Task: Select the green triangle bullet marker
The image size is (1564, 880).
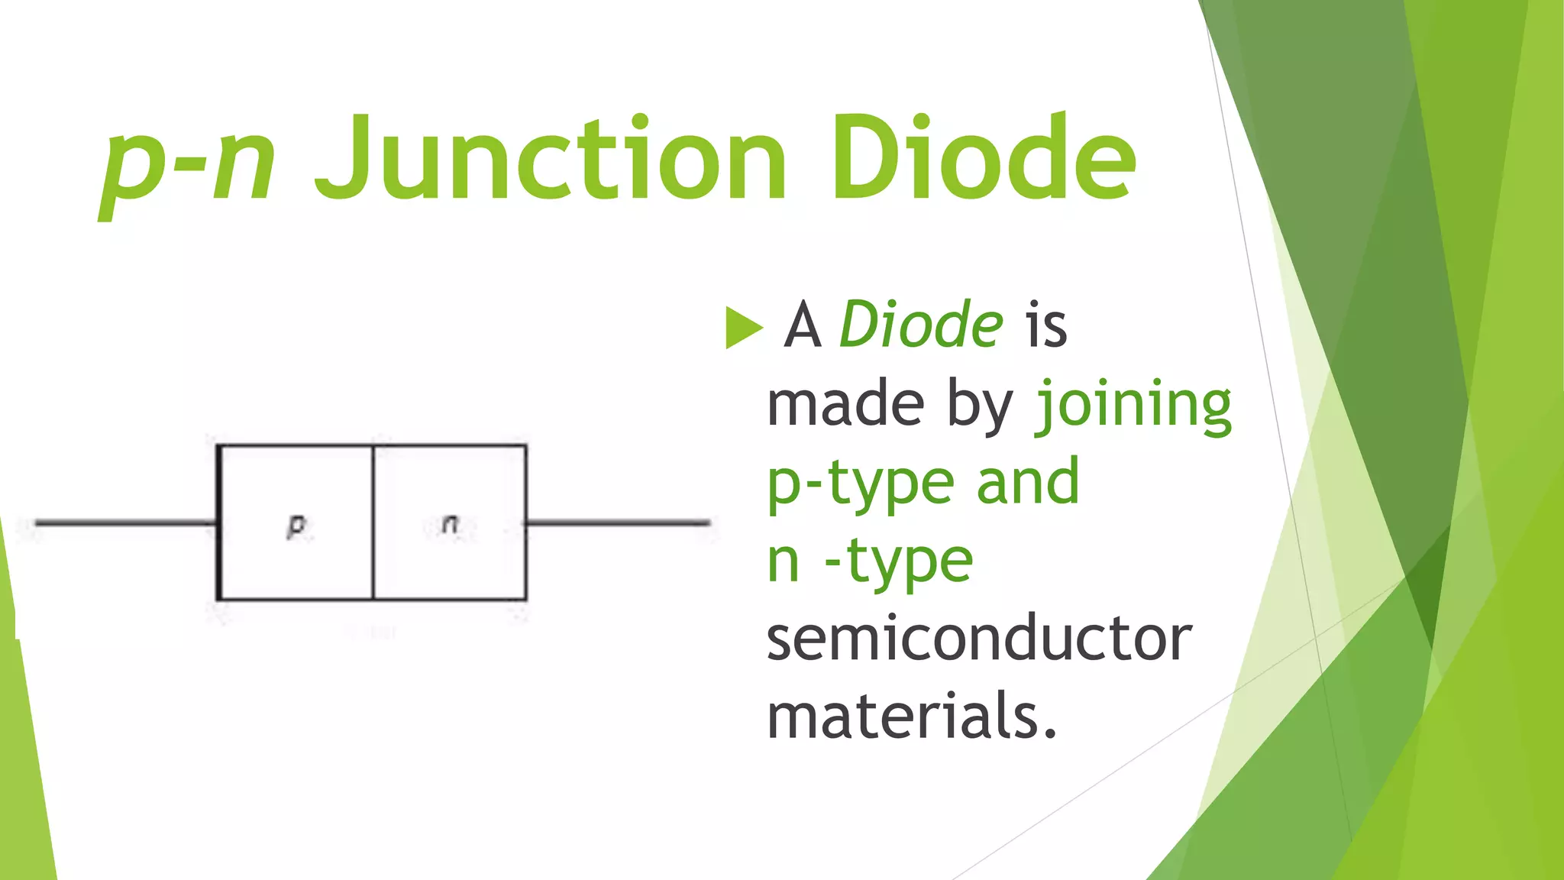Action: coord(743,327)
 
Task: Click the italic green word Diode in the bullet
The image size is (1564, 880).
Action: coord(921,325)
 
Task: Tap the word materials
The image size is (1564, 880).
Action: coord(912,717)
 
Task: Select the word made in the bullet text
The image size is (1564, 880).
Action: coord(845,405)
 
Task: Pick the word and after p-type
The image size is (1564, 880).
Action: coord(1028,483)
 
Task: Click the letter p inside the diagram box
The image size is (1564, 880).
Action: coord(296,526)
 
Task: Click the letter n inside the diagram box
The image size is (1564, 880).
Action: coord(451,524)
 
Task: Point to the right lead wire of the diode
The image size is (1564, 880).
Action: coord(619,523)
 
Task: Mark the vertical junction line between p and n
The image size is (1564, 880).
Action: coord(373,522)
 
